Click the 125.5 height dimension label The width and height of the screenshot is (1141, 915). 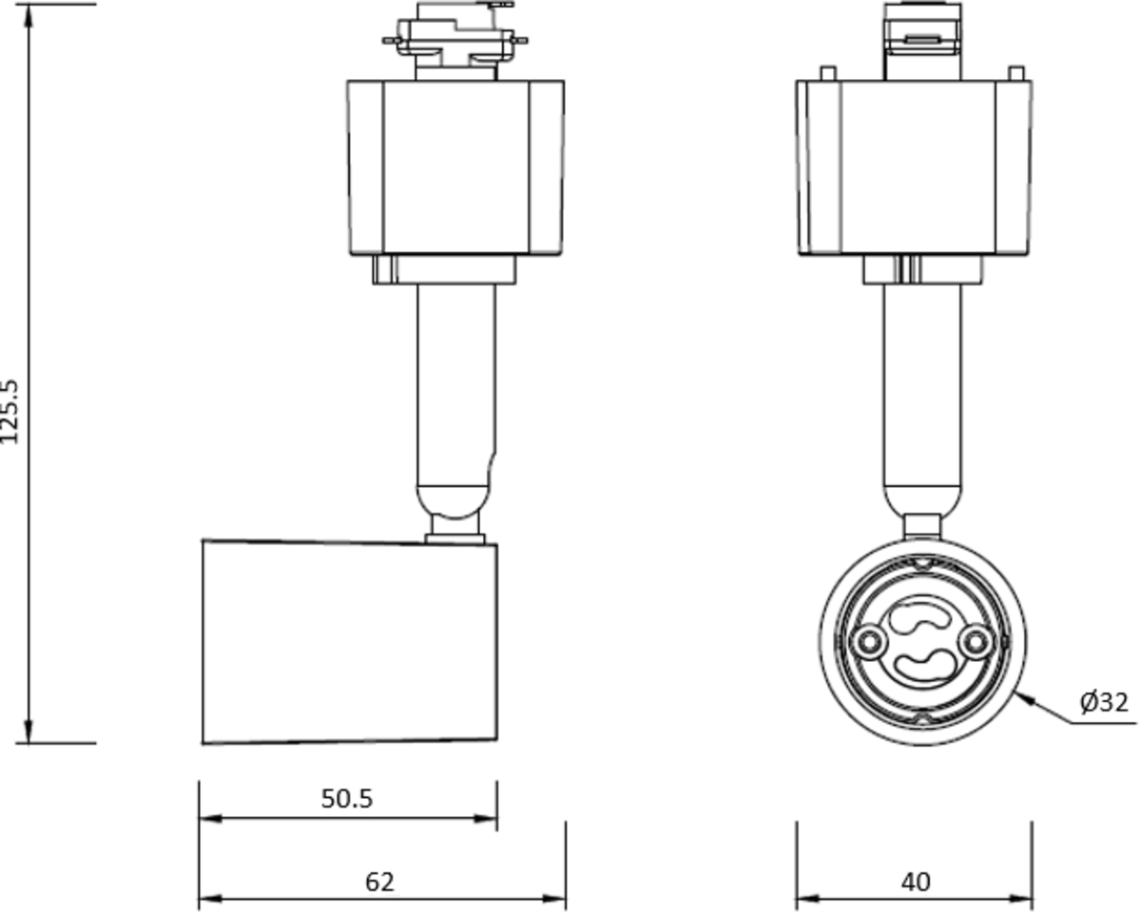coord(10,411)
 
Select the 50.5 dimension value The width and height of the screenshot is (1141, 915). coord(347,799)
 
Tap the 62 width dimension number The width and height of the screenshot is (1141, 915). coord(379,882)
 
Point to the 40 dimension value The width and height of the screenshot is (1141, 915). coord(916,882)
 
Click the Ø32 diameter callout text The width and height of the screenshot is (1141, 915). coord(1104,703)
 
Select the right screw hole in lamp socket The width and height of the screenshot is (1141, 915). coord(973,643)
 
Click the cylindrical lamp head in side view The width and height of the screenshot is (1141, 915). coord(349,642)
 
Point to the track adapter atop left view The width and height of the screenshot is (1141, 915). coord(455,40)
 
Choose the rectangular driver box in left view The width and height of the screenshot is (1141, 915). coord(455,167)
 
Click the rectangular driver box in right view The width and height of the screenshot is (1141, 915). coord(915,167)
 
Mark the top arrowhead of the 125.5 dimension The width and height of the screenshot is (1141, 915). coord(29,13)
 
